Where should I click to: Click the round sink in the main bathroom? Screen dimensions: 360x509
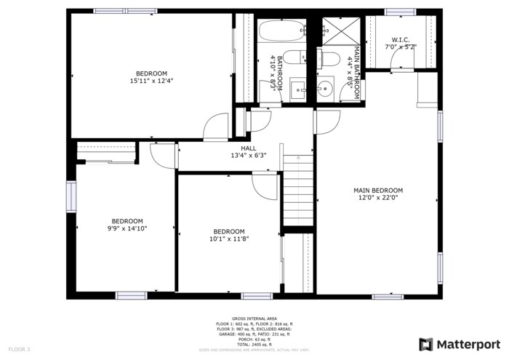tap(325, 89)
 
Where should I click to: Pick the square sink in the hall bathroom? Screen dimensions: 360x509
tap(298, 89)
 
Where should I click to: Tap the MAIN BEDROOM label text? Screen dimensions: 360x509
tap(377, 191)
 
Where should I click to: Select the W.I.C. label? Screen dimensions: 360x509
tap(401, 40)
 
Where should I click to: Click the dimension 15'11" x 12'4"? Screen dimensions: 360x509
tap(151, 81)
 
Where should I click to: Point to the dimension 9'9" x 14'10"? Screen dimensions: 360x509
tap(127, 229)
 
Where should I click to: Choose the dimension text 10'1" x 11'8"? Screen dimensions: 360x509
tap(229, 239)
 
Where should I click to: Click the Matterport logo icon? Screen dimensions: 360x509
tap(425, 343)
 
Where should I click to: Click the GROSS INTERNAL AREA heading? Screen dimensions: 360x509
tap(254, 319)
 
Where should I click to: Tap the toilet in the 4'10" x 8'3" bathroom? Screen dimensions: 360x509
tap(294, 60)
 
